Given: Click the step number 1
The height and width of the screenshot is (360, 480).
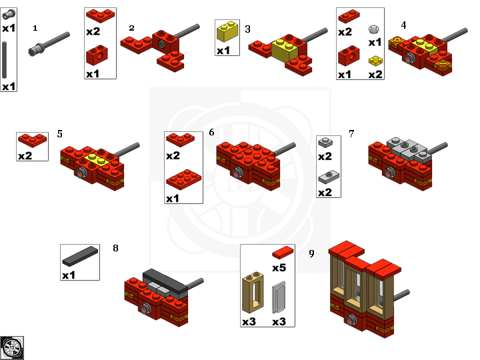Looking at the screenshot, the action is pyautogui.click(x=35, y=28).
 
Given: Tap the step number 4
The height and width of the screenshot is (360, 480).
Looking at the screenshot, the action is pyautogui.click(x=403, y=25).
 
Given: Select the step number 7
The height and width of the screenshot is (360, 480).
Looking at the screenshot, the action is pyautogui.click(x=351, y=133).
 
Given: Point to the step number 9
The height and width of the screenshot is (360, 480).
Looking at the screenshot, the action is pyautogui.click(x=311, y=253).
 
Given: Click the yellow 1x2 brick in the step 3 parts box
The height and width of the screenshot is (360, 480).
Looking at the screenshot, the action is pyautogui.click(x=227, y=31).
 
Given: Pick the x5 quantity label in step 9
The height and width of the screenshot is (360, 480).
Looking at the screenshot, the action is pyautogui.click(x=279, y=267).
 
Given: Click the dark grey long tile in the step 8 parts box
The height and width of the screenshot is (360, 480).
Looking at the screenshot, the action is pyautogui.click(x=80, y=256).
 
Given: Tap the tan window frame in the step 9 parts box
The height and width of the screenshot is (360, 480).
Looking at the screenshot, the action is pyautogui.click(x=253, y=293).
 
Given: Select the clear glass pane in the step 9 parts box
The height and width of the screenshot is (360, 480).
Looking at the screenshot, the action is pyautogui.click(x=279, y=297).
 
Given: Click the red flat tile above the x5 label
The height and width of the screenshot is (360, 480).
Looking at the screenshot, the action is pyautogui.click(x=283, y=252).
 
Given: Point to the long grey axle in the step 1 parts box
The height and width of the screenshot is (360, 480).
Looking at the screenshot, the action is pyautogui.click(x=4, y=60).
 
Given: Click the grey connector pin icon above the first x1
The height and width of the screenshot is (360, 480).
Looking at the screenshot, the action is pyautogui.click(x=9, y=15).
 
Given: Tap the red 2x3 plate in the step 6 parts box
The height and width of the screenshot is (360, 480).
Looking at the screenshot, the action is pyautogui.click(x=184, y=180).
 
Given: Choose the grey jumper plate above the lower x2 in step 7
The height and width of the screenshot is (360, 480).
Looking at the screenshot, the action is pyautogui.click(x=329, y=177).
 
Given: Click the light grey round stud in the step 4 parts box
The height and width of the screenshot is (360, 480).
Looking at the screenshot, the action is pyautogui.click(x=374, y=29).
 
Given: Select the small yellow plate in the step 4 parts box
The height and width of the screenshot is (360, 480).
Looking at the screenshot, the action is pyautogui.click(x=375, y=61).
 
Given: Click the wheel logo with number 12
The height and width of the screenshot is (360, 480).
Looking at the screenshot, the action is pyautogui.click(x=12, y=348).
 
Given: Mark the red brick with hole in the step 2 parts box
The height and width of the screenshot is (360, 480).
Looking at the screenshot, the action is pyautogui.click(x=97, y=55).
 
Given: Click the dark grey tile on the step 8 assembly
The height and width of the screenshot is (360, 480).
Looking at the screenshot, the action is pyautogui.click(x=165, y=281).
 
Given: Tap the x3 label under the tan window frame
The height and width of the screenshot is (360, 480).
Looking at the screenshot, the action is pyautogui.click(x=249, y=321).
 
